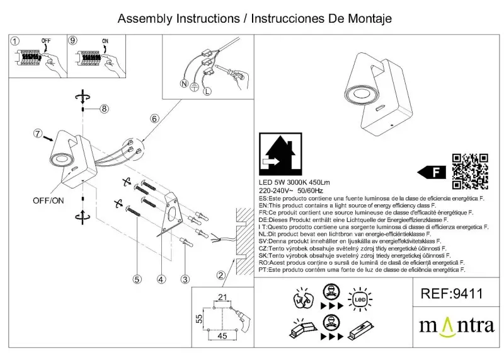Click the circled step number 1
(14, 40)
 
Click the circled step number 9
(73, 40)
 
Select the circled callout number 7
(38, 134)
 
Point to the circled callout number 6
(153, 119)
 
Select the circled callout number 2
(221, 274)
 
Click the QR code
(471, 171)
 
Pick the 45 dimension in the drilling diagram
(222, 336)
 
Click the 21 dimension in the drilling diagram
(222, 298)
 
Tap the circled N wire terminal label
(183, 84)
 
